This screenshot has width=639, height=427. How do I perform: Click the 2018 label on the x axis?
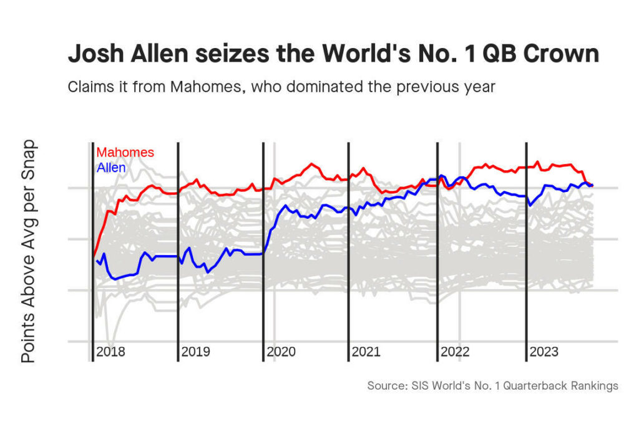110,352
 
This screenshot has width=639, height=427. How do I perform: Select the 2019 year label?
195,352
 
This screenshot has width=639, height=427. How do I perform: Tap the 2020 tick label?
281,352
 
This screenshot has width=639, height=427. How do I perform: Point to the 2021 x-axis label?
366,352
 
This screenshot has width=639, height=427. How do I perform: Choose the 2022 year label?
455,352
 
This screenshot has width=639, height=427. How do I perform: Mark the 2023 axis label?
544,352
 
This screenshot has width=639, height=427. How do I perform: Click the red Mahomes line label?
125,153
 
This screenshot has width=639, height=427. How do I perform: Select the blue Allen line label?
111,168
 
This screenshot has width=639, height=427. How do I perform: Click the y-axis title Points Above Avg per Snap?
29,251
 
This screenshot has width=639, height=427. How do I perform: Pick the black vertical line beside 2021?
348,249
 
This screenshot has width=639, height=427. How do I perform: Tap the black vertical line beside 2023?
527,249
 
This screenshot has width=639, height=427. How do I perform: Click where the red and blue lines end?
591,185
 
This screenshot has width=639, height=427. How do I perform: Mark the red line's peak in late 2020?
311,165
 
